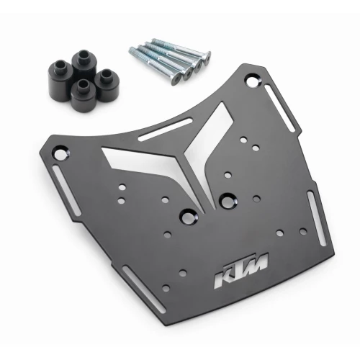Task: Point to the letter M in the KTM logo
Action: [x=255, y=264]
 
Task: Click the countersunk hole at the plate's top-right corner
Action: [x=252, y=82]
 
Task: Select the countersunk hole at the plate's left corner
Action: [x=60, y=153]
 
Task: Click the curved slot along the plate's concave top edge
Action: [x=165, y=129]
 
